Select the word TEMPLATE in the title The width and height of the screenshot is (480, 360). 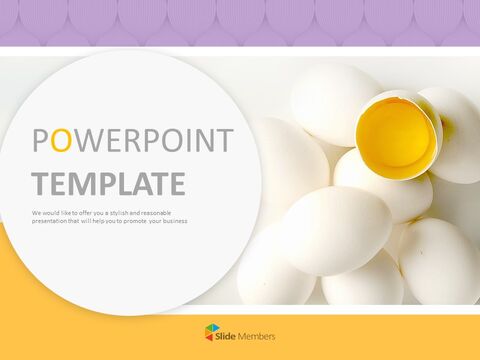(108, 184)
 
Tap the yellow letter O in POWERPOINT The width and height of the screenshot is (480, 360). (61, 142)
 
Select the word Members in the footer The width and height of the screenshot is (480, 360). (259, 335)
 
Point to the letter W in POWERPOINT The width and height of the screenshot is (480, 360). (85, 142)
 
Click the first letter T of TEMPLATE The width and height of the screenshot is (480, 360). (40, 184)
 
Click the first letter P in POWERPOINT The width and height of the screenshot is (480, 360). (41, 142)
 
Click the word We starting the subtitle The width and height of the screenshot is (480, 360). (36, 213)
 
